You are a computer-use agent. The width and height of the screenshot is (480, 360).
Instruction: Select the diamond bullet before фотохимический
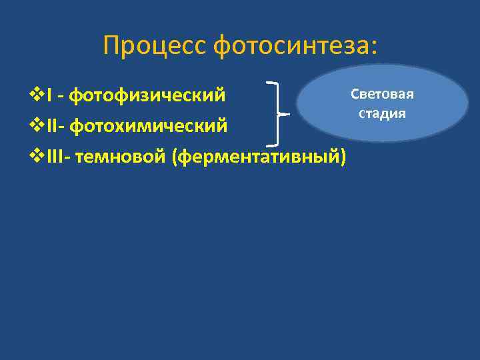[x=38, y=125]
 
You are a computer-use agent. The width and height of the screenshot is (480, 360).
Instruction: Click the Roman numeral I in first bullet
[x=50, y=95]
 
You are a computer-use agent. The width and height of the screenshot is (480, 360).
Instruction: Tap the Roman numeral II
[x=53, y=125]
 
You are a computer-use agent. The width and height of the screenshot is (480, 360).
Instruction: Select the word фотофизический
[x=148, y=95]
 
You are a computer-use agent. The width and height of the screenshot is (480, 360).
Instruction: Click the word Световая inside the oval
[x=383, y=94]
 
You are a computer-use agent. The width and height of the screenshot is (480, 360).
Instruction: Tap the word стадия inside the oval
[x=382, y=113]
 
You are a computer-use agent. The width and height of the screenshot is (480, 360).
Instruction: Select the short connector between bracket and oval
[x=283, y=114]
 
